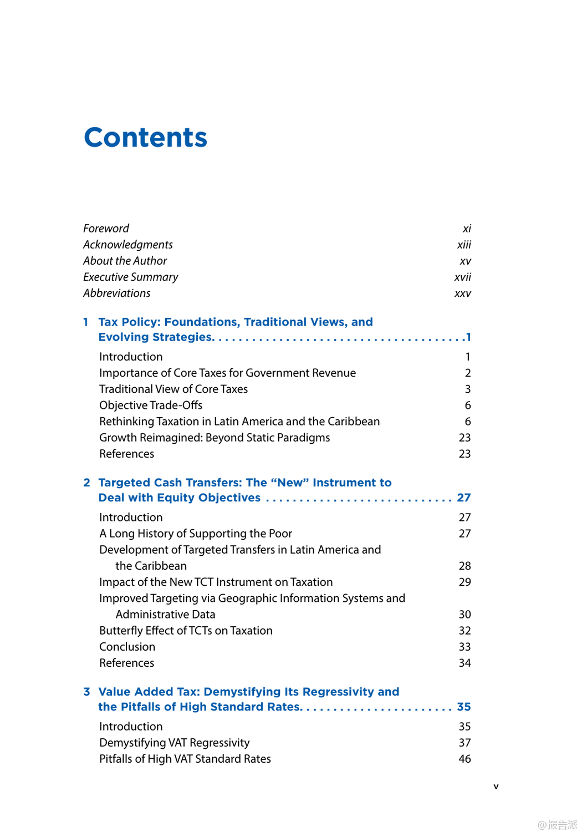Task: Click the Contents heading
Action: (x=145, y=138)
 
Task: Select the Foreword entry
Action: (x=106, y=229)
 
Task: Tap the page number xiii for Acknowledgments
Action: (x=464, y=245)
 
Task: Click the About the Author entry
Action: (x=125, y=261)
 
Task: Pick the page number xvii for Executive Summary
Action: (x=462, y=277)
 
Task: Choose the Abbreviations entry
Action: (x=116, y=293)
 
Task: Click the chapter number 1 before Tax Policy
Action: (x=86, y=322)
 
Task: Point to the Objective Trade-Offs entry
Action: (x=151, y=405)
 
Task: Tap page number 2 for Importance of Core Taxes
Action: (x=468, y=373)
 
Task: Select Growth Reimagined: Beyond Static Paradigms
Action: (x=215, y=438)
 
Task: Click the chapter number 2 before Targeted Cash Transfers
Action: (x=86, y=483)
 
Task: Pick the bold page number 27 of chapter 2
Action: (x=464, y=498)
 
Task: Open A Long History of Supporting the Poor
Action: (x=196, y=534)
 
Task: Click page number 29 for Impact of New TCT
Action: (x=464, y=582)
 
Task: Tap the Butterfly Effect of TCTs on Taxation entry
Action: (x=186, y=631)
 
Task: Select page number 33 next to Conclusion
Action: (x=464, y=647)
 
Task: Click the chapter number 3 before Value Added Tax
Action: (x=86, y=692)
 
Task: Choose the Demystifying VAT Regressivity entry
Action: (x=174, y=743)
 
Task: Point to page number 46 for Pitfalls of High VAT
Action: (x=464, y=759)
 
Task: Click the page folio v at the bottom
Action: (x=496, y=786)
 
